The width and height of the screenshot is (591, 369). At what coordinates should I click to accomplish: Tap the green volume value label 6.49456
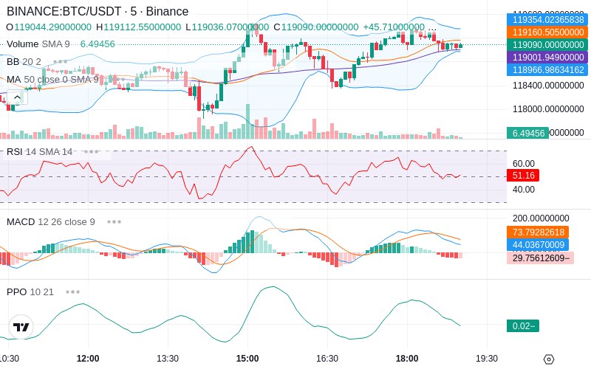527,134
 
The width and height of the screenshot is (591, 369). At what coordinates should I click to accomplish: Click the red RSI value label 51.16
523,176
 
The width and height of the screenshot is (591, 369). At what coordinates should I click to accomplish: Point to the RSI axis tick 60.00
523,164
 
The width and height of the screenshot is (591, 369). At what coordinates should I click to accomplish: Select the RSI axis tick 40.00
523,189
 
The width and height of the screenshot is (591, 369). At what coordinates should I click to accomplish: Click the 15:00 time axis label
247,359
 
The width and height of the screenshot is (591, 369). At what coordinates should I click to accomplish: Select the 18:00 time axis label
407,359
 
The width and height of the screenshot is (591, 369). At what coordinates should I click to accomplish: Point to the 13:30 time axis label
168,359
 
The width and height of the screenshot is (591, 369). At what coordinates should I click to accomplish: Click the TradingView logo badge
21,327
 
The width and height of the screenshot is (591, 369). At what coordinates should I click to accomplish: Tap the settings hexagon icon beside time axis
548,359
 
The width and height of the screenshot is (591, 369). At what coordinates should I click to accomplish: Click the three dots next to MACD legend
114,221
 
